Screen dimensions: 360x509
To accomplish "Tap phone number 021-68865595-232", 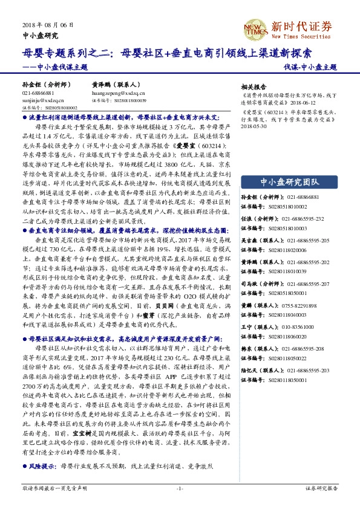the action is click(306, 218).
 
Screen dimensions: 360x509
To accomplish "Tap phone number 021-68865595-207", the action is click(306, 284).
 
